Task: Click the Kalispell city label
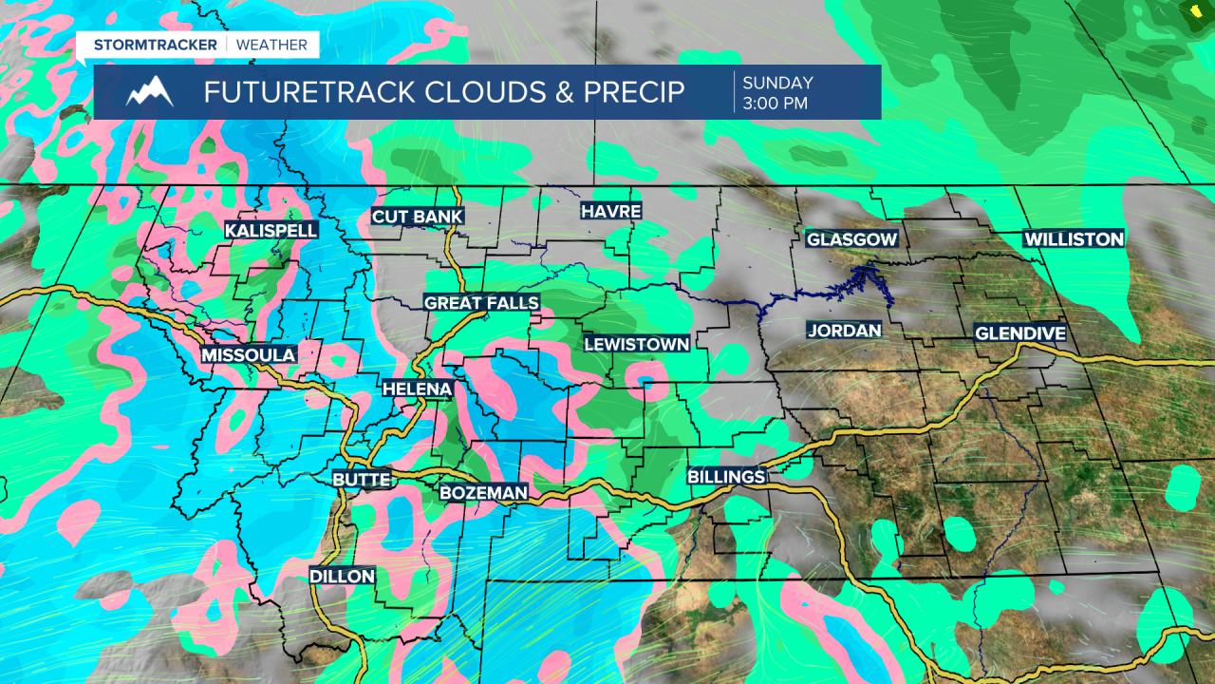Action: [271, 230]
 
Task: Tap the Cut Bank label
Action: [418, 217]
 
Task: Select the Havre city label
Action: [611, 211]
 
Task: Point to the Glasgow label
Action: [851, 239]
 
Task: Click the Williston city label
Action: [1075, 239]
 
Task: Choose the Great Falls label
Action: [481, 303]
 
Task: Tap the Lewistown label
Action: [636, 344]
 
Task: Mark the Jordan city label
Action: [844, 331]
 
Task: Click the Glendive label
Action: [1020, 333]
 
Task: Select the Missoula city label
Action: [249, 354]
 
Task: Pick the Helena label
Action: [417, 389]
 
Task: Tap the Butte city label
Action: [362, 480]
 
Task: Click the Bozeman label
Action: [483, 493]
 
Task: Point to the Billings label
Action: [726, 477]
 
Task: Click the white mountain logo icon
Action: [150, 92]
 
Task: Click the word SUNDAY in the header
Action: [777, 83]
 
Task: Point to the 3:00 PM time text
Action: [776, 103]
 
